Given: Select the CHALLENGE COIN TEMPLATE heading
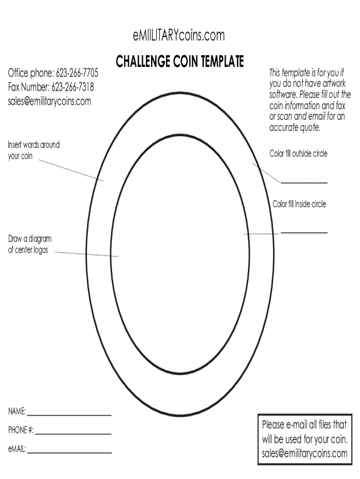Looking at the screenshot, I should point(180,61).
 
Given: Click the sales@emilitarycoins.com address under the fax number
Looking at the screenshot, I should point(50,101).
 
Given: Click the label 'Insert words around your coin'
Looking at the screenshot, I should point(34,151).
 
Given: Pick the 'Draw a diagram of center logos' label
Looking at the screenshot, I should point(30,245).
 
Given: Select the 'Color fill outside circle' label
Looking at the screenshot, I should point(298,154).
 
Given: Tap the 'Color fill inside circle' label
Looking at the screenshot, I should point(299,204).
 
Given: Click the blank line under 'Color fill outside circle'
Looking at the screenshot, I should point(304,182).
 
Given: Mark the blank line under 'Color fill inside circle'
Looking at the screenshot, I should point(304,232).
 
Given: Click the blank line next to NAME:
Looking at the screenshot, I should point(69,415).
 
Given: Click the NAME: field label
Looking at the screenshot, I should point(17,412).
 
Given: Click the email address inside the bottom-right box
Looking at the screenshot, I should point(304,453).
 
